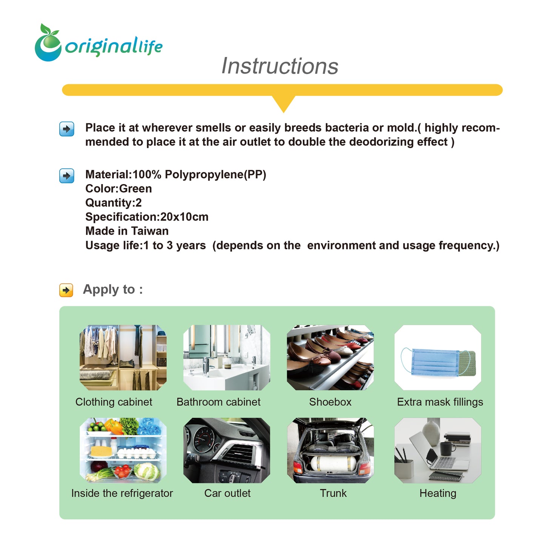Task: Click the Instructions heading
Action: point(279,66)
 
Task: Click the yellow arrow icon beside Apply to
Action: point(66,290)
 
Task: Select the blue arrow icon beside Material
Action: point(67,176)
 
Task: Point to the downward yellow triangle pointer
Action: point(283,104)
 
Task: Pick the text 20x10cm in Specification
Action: point(184,216)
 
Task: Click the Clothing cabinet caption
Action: point(114,402)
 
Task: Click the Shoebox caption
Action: point(330,402)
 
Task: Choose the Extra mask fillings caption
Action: point(440,402)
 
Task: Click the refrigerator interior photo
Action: point(123,450)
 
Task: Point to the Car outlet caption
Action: point(227,493)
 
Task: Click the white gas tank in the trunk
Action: point(333,463)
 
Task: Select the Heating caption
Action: point(438,493)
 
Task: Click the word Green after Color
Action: point(135,189)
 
